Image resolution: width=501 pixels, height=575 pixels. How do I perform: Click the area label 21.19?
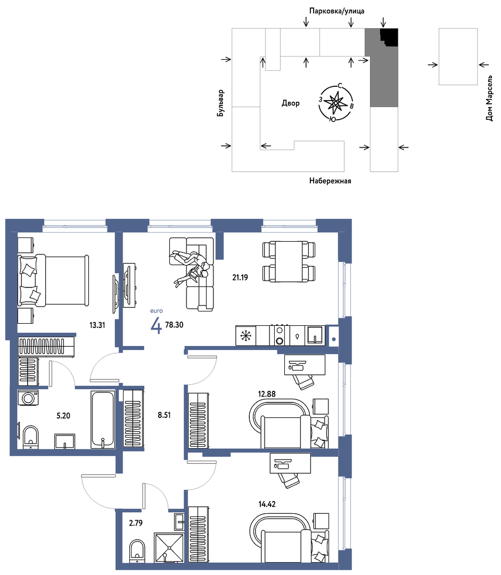[240, 277]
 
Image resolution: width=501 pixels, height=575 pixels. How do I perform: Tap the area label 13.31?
[97, 325]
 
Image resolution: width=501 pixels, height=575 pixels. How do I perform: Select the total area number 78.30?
[174, 325]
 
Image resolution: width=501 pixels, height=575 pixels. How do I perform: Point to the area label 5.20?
[63, 416]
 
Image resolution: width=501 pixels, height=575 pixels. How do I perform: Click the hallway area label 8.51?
[164, 415]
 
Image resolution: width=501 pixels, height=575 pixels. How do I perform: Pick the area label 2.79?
[136, 523]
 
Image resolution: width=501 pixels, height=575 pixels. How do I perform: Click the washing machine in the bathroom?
[28, 398]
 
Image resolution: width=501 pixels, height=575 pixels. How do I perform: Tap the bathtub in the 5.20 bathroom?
[103, 420]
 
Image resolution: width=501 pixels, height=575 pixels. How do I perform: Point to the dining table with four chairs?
[289, 261]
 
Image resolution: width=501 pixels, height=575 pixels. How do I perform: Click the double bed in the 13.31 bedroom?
[54, 280]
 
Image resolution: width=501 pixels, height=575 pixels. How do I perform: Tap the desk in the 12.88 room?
[305, 365]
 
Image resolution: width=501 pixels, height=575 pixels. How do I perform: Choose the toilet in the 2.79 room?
[137, 551]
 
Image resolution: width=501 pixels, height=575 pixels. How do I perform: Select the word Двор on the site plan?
[291, 103]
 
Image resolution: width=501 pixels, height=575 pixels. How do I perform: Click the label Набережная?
[330, 181]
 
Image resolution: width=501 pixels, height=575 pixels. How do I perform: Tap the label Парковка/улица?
[336, 11]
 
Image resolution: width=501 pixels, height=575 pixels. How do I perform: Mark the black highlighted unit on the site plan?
[389, 37]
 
